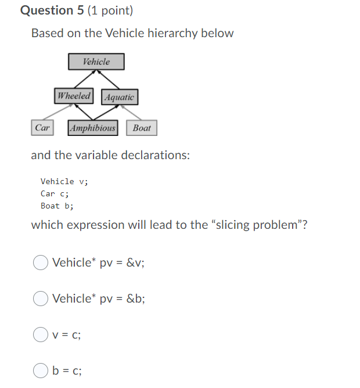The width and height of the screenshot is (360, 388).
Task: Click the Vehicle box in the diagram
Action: point(96,62)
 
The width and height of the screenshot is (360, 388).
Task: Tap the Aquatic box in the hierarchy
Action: point(120,97)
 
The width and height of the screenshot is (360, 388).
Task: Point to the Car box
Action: point(42,128)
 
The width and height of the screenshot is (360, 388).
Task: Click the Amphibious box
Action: point(93,128)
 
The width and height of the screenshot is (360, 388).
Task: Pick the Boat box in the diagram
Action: point(142,128)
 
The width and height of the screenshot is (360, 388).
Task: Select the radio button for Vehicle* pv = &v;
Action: point(40,263)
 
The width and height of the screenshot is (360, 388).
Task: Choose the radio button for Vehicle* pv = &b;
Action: point(40,299)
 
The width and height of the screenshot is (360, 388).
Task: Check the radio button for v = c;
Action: point(40,335)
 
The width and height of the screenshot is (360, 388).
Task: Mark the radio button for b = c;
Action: point(40,371)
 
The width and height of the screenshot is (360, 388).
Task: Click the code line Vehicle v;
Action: point(64,182)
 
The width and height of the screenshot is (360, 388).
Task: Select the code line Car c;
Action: point(55,194)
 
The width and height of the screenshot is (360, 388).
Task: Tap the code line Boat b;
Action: point(57,206)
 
